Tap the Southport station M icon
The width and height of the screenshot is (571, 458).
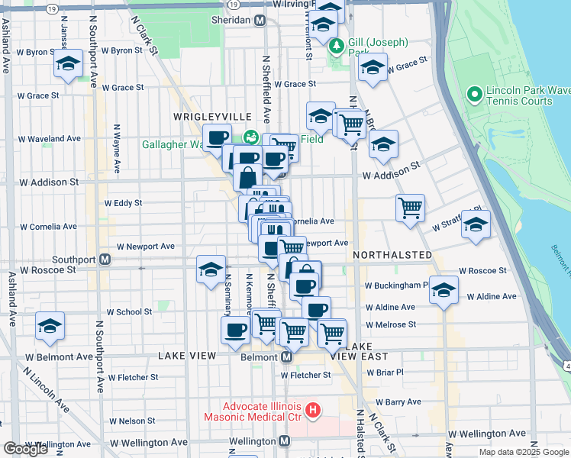[x=105, y=260]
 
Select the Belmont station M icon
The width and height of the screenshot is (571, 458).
[x=287, y=357]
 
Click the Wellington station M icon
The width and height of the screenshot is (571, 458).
[x=284, y=441]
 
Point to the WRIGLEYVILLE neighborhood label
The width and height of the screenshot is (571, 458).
[x=212, y=116]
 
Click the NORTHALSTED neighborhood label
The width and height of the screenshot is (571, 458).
[x=392, y=255]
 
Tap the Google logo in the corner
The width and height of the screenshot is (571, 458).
[x=25, y=449]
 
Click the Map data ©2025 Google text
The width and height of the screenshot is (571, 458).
[x=523, y=452]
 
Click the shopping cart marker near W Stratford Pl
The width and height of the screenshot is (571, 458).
[x=411, y=206]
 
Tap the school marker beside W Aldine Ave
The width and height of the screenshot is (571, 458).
[x=444, y=289]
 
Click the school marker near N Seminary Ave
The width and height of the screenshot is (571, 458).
[x=211, y=269]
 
